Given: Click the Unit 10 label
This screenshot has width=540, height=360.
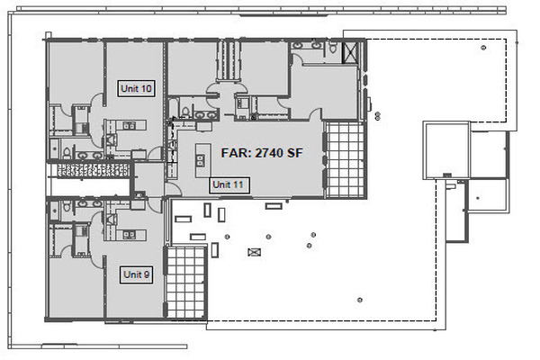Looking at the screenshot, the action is [x=136, y=88].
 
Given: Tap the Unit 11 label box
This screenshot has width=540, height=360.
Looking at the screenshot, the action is [x=229, y=185].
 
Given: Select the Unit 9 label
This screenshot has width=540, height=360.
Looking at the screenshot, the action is [x=137, y=274].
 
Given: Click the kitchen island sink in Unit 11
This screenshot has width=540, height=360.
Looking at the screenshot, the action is [x=200, y=160].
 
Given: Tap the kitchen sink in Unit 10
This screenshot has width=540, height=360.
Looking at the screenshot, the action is [x=129, y=125].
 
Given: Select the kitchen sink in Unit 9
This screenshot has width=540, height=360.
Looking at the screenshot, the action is [x=129, y=235].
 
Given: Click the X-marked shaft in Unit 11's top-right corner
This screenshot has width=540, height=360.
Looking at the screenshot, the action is [x=351, y=52].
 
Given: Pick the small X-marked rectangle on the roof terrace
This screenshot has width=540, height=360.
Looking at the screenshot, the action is [x=254, y=252].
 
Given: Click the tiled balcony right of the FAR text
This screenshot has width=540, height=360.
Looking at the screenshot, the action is [x=345, y=160].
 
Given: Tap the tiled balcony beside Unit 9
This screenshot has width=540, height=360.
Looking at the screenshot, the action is [x=185, y=282].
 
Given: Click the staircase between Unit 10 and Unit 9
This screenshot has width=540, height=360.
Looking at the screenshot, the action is [x=94, y=170].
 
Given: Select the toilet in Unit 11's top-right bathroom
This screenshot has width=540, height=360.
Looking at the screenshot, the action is [x=333, y=47].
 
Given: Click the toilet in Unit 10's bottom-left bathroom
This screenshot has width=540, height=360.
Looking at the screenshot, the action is [x=67, y=153].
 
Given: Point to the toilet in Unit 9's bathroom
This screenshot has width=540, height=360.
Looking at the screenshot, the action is [x=67, y=206].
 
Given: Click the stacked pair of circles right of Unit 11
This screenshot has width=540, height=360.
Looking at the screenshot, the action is [x=377, y=116].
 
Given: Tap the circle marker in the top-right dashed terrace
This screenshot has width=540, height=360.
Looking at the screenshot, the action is [x=483, y=48].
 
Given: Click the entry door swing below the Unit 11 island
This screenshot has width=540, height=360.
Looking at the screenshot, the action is [x=174, y=190].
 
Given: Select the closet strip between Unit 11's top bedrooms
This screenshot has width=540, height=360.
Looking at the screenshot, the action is [x=227, y=61].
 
